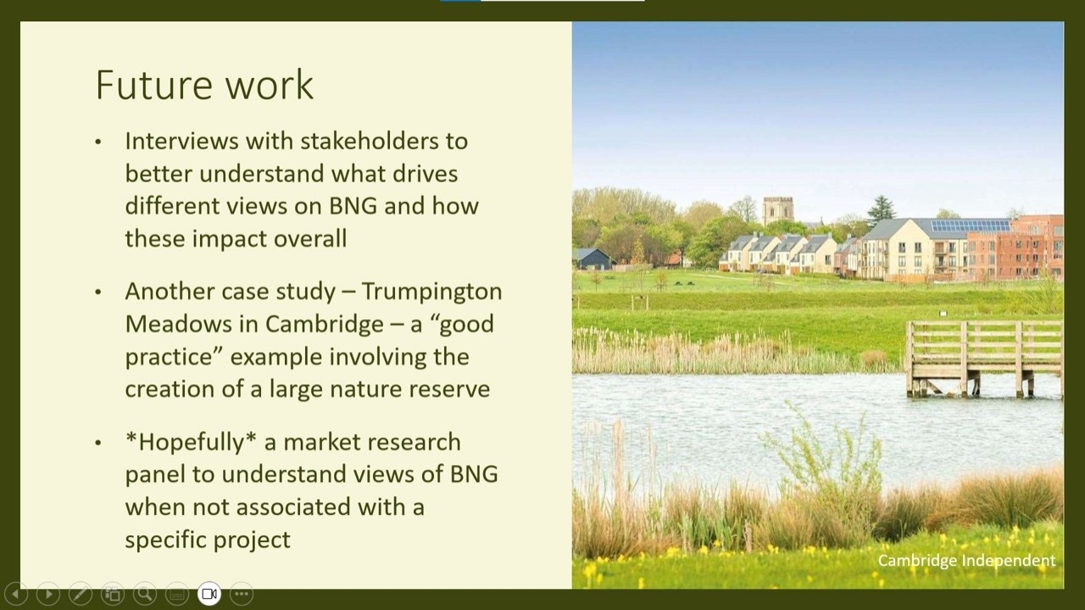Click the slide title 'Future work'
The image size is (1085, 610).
point(204,85)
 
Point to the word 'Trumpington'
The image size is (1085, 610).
point(431,292)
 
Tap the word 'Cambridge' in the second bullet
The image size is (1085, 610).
point(324,324)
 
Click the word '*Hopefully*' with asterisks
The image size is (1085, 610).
point(191,442)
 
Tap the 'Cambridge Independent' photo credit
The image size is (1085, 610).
point(966,561)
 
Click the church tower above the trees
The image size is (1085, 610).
point(778,210)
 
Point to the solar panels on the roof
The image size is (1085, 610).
point(971,226)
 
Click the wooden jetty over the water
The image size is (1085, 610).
point(983,358)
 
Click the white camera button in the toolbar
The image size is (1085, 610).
point(209,594)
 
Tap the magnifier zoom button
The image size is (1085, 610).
point(145,594)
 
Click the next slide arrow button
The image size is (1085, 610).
point(48,594)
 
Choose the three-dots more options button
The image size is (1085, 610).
point(242,594)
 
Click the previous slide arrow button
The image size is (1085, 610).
point(16,594)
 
